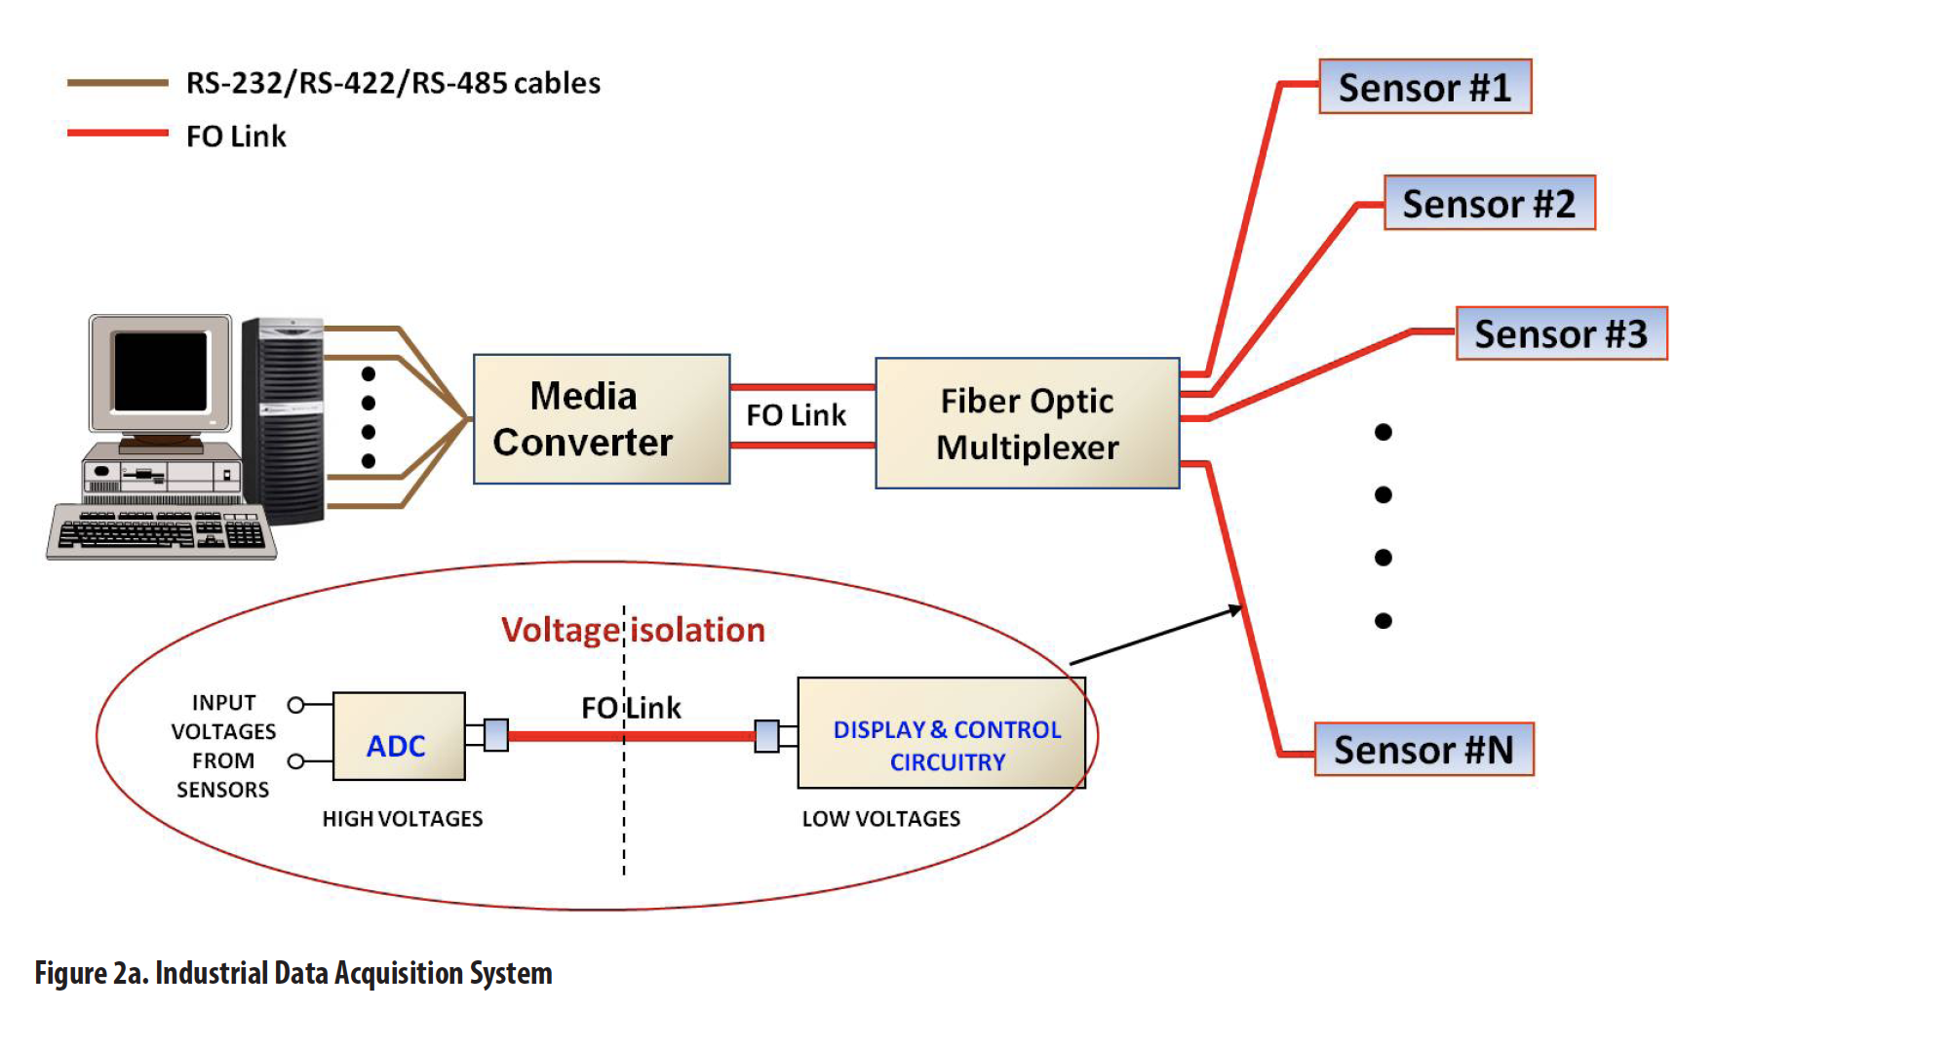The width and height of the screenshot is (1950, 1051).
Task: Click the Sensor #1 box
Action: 1424,87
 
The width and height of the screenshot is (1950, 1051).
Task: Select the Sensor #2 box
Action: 1489,203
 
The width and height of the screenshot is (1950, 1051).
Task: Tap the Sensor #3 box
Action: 1561,333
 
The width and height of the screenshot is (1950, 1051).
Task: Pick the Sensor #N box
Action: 1423,749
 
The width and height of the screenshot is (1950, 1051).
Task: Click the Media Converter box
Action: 602,419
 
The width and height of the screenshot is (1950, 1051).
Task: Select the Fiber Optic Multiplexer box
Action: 1028,423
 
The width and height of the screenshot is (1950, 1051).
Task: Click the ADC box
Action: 399,736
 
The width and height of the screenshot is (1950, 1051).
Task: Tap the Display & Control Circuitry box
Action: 941,733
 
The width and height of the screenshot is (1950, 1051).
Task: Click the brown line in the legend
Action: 117,84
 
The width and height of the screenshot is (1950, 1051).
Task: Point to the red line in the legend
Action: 117,133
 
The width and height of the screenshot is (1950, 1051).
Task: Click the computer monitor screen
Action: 161,371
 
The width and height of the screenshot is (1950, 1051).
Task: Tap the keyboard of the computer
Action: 162,531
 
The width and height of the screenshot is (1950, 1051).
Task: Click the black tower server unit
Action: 283,420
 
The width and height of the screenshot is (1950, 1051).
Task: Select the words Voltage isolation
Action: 633,630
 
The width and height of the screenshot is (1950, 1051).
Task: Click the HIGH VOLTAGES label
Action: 403,819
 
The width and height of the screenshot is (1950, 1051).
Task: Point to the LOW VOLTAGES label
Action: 880,819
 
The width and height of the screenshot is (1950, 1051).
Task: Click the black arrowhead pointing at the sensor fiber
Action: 1235,610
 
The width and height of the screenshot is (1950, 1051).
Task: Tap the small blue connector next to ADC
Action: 496,734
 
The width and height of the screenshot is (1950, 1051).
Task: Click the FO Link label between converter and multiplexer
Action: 796,415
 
